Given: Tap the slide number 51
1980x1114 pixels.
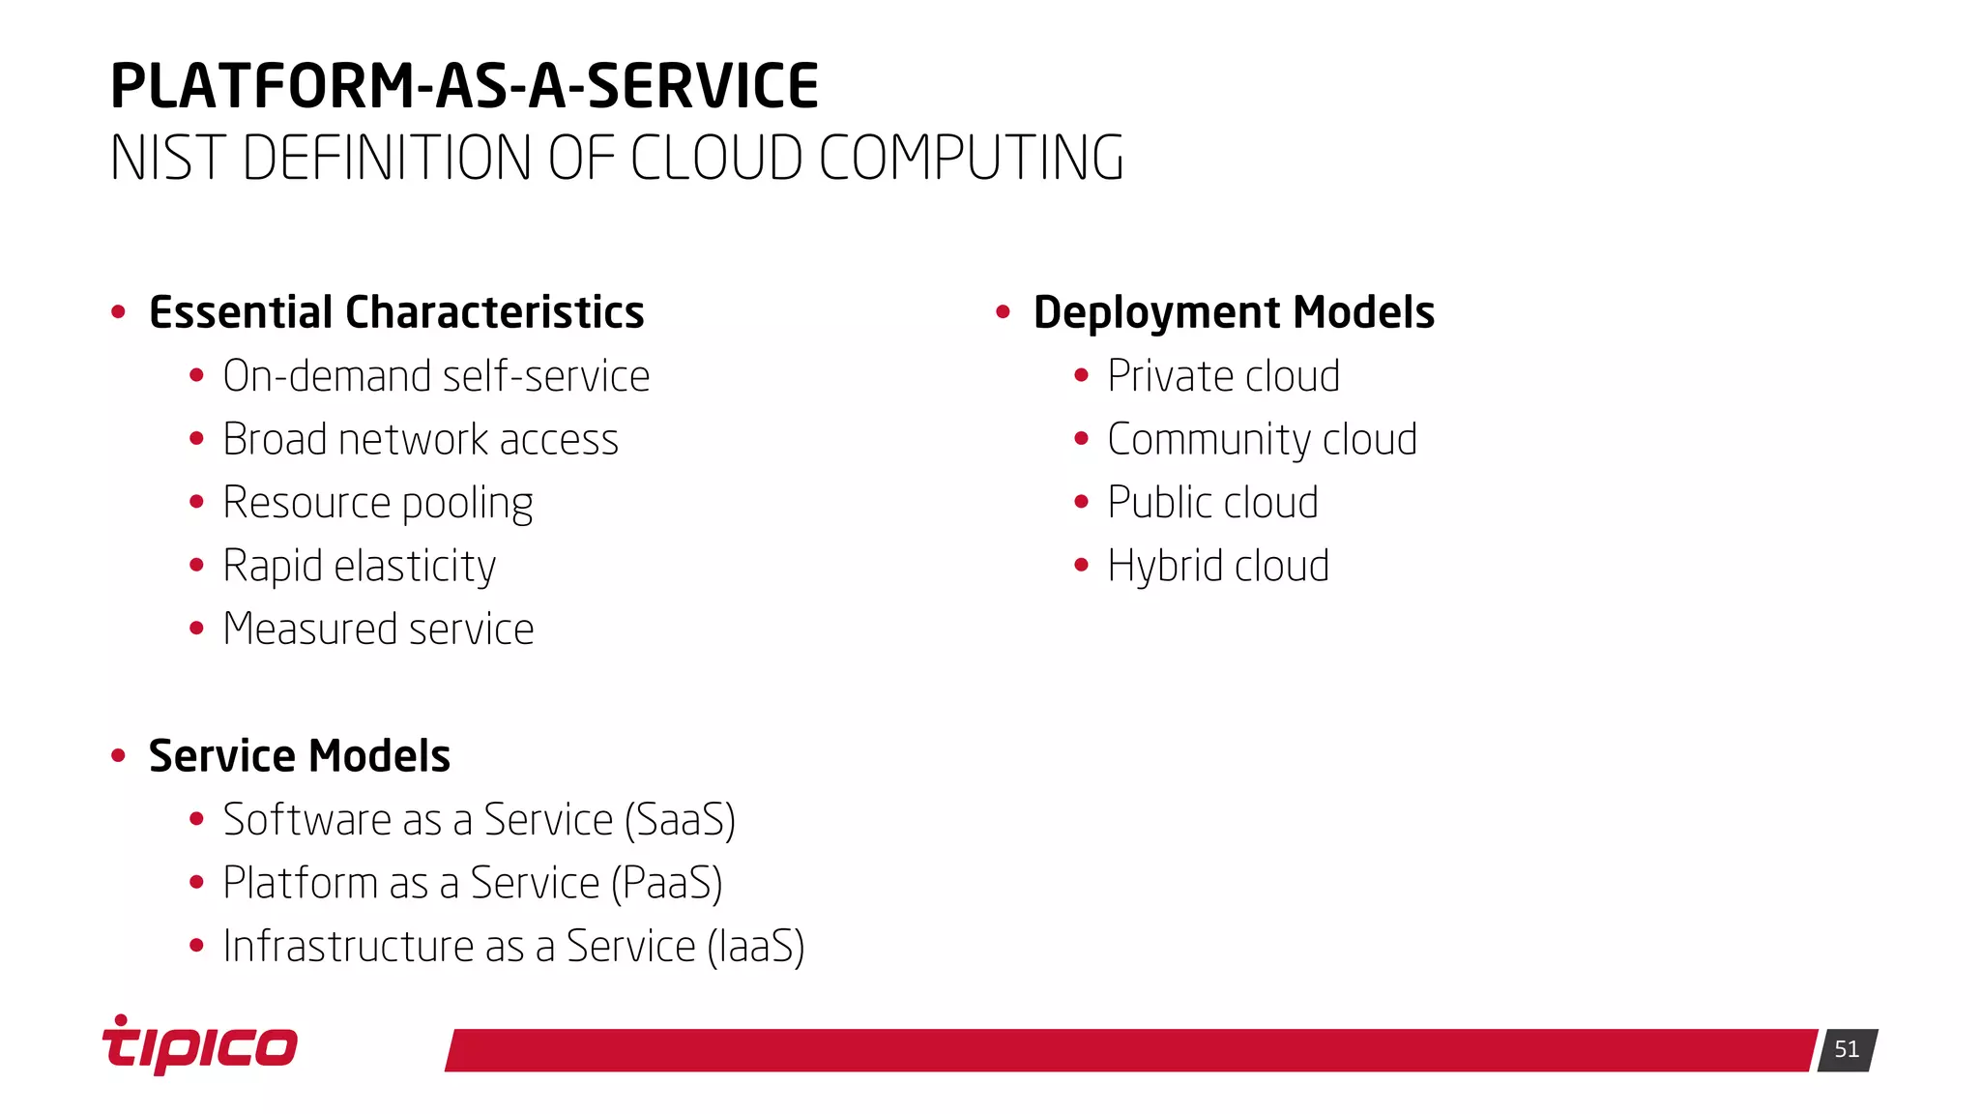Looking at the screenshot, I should [1847, 1050].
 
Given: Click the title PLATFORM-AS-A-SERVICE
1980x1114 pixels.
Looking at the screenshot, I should [464, 86].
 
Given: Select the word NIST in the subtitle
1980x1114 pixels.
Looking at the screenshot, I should [166, 159].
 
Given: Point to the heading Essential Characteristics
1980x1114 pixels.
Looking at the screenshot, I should [396, 312].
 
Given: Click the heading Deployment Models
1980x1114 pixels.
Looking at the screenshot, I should [1234, 312].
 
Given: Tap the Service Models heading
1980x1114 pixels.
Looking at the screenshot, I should [300, 756].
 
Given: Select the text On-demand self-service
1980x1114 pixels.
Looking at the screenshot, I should [436, 376].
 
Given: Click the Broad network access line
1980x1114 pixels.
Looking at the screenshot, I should [421, 440].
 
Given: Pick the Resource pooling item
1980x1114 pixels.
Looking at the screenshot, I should [378, 503].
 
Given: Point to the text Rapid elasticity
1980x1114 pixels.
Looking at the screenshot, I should [360, 567].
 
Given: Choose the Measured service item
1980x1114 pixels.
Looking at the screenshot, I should [378, 630].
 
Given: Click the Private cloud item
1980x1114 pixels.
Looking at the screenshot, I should [1223, 376].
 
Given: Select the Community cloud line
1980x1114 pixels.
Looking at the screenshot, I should [1262, 440].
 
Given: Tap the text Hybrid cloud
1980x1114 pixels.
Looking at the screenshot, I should [1218, 567].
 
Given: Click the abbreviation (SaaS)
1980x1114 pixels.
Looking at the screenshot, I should [680, 820].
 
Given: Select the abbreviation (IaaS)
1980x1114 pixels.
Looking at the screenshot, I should [756, 947].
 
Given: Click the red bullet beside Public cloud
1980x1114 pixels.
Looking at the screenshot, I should [1082, 502].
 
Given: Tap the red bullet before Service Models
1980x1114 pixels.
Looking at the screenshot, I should [119, 755].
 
